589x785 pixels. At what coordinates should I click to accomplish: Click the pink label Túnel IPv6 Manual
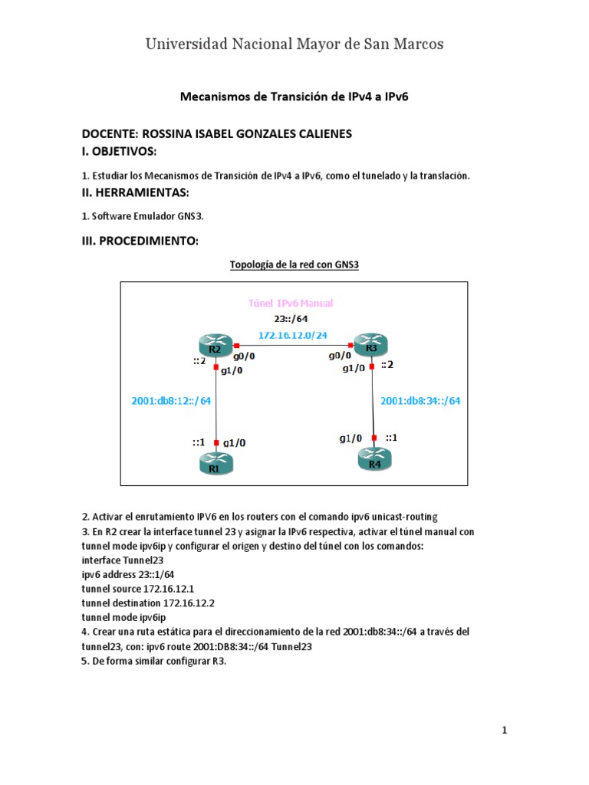click(x=291, y=304)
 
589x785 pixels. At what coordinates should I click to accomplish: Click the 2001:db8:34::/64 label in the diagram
click(x=420, y=399)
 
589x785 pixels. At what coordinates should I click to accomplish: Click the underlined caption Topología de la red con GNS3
click(x=294, y=265)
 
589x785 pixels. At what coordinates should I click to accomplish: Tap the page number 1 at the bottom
click(x=505, y=731)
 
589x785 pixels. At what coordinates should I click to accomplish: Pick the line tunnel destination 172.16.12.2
click(x=147, y=603)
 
